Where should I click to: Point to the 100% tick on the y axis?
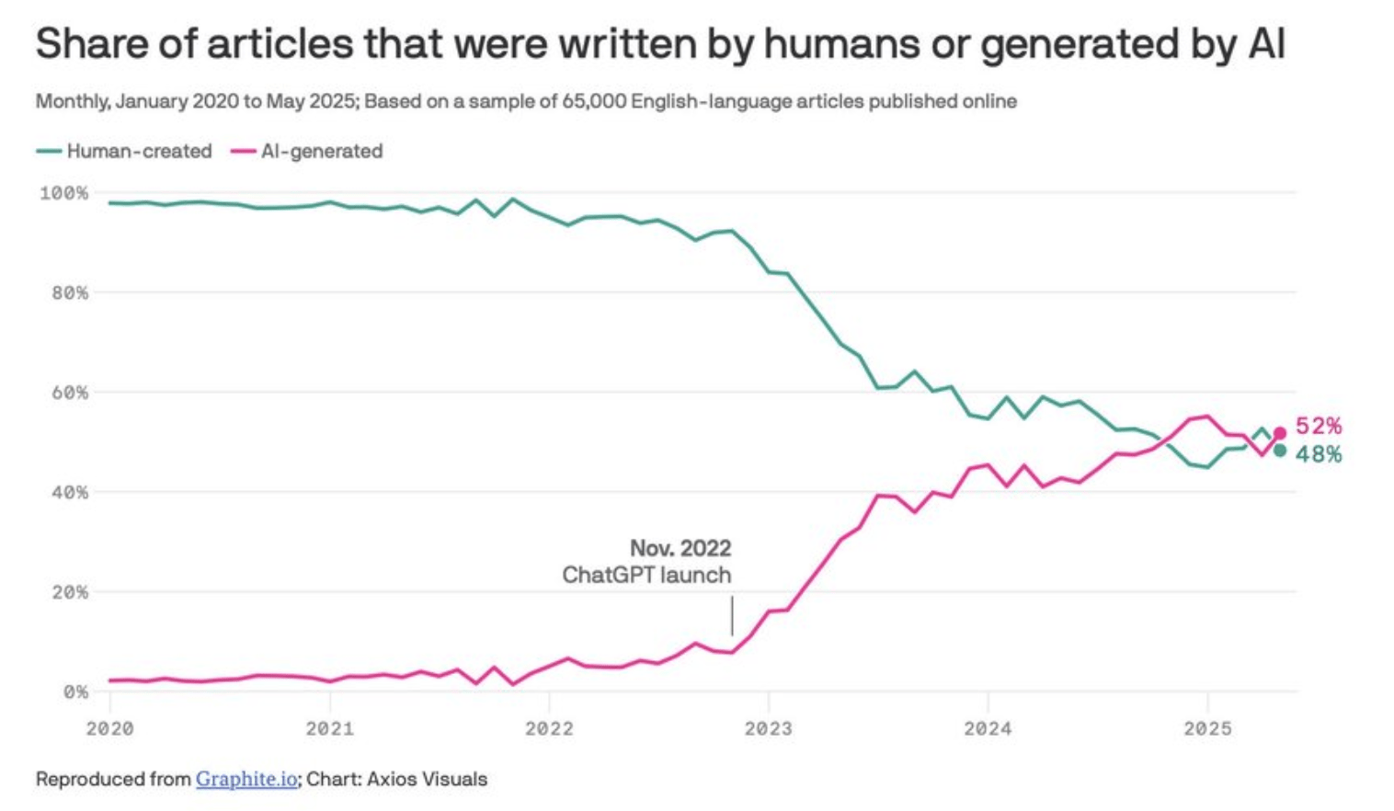(x=64, y=193)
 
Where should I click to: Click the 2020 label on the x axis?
(x=109, y=729)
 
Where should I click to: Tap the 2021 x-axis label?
(x=329, y=729)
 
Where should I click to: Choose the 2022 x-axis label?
(x=549, y=729)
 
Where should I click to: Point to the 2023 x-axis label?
(x=769, y=729)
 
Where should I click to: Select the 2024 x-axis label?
(x=988, y=729)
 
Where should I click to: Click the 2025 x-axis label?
(x=1207, y=729)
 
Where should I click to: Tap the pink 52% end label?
(x=1319, y=426)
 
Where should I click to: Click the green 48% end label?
(x=1319, y=454)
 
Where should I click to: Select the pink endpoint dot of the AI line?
(x=1279, y=434)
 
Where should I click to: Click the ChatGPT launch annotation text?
(x=646, y=576)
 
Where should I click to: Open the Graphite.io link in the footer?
(x=246, y=779)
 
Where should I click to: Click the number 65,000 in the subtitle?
(x=594, y=101)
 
